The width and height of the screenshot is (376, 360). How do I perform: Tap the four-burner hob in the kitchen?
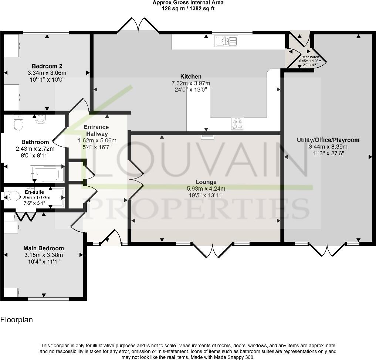237,123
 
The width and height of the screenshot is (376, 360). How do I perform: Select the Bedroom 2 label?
47,67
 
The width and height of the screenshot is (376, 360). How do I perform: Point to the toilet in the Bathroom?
17,123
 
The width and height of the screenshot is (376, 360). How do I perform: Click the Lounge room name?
206,182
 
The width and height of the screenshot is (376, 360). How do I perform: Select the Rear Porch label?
310,57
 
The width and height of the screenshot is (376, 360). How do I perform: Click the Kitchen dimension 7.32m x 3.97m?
191,83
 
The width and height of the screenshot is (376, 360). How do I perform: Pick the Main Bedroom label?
44,248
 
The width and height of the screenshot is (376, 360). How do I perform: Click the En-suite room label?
34,192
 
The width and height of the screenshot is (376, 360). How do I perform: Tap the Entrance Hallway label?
97,130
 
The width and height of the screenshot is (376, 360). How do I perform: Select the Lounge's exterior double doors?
213,251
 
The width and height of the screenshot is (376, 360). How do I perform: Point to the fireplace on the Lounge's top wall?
207,136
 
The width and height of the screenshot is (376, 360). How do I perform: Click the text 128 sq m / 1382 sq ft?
188,9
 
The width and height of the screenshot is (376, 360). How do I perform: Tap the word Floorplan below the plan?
17,320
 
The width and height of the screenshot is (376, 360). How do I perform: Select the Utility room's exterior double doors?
328,250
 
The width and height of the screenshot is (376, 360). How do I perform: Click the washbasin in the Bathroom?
40,119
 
